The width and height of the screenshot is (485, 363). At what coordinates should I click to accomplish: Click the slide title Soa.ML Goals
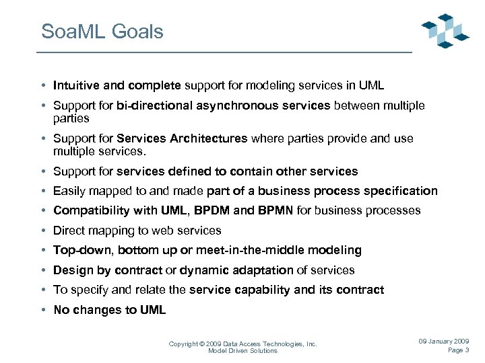pos(102,32)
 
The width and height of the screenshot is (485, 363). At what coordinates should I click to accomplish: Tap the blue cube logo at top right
pos(445,31)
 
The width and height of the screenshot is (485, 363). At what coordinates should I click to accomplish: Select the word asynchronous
pos(255,106)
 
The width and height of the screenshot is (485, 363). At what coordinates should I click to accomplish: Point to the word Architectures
pos(211,138)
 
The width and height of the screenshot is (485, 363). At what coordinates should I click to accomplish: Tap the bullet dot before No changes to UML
pos(42,310)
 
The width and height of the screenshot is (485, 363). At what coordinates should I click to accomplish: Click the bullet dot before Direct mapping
pos(42,231)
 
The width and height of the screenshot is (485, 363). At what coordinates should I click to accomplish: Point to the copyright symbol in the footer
pos(203,344)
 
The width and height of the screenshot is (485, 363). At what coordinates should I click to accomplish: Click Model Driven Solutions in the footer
pos(243,351)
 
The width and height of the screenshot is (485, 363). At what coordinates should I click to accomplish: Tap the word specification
pos(402,191)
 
